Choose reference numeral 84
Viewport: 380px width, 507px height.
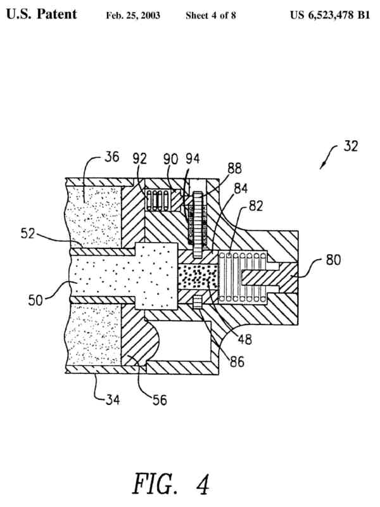[241, 188]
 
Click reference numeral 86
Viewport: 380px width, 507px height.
[238, 363]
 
